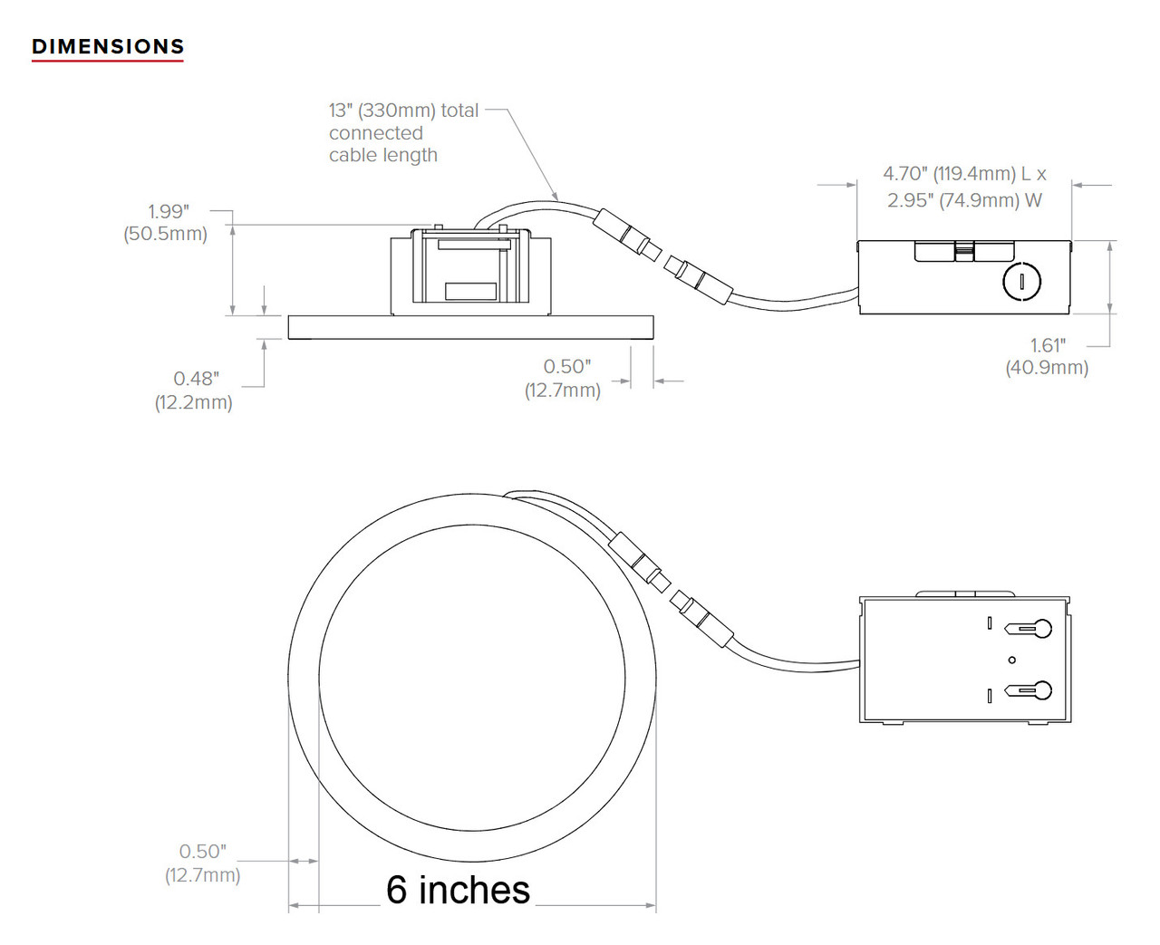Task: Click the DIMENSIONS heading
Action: pyautogui.click(x=108, y=46)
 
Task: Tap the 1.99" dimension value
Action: pyautogui.click(x=169, y=211)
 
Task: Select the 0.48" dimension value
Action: pyautogui.click(x=196, y=379)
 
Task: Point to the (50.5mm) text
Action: pyautogui.click(x=166, y=234)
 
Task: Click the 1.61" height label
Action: pyautogui.click(x=1048, y=345)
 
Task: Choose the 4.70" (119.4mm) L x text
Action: pyautogui.click(x=964, y=174)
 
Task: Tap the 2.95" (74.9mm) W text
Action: pyautogui.click(x=964, y=200)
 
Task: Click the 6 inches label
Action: pyautogui.click(x=458, y=890)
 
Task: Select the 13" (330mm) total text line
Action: pyautogui.click(x=403, y=111)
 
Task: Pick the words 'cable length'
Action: pyautogui.click(x=382, y=155)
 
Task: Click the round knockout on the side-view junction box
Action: pyautogui.click(x=1022, y=282)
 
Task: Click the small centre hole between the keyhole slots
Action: pyautogui.click(x=1012, y=660)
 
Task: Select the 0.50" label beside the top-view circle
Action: pyautogui.click(x=202, y=852)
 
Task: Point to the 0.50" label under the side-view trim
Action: pyautogui.click(x=566, y=367)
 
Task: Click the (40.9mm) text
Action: pyautogui.click(x=1047, y=368)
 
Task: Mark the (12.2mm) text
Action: pyautogui.click(x=193, y=402)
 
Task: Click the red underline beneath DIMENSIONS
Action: pyautogui.click(x=108, y=61)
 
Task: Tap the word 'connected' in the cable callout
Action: pyautogui.click(x=375, y=133)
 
